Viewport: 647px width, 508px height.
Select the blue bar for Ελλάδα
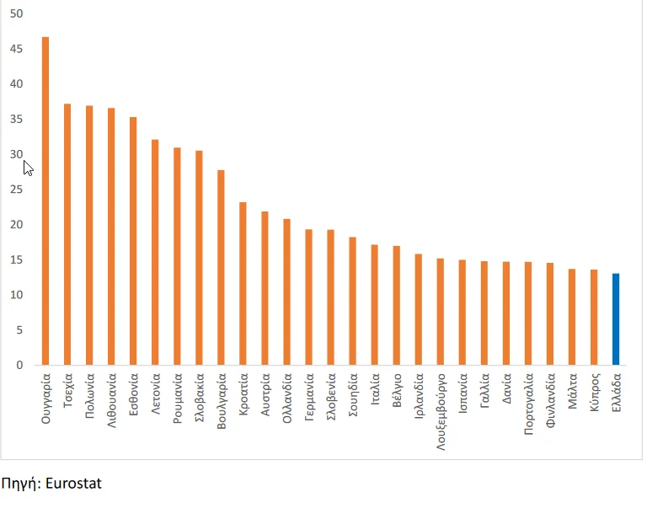coord(616,319)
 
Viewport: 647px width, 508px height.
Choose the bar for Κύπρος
coord(594,317)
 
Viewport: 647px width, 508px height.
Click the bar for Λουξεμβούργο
coord(440,311)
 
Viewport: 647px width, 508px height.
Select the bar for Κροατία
coord(243,283)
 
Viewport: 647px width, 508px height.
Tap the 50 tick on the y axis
coord(17,13)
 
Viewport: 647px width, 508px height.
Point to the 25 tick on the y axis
coord(17,190)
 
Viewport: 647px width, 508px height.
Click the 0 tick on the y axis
coord(19,365)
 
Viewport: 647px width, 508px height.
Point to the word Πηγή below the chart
coord(20,484)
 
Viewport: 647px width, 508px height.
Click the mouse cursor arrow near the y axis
coord(28,167)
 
